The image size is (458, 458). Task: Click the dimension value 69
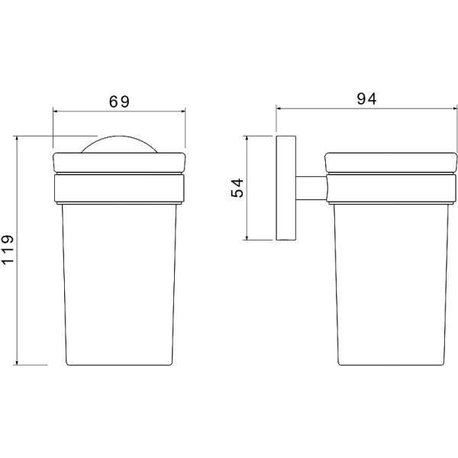(x=119, y=102)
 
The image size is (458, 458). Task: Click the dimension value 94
(x=366, y=99)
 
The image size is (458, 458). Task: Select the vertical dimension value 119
(x=8, y=250)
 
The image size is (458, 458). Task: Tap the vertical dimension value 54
(x=237, y=188)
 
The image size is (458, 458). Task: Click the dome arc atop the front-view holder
(x=119, y=136)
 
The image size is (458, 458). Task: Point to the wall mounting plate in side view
(x=286, y=188)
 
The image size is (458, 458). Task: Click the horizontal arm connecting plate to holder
(x=311, y=188)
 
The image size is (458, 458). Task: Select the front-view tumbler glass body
(x=120, y=284)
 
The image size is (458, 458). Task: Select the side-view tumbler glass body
(x=392, y=284)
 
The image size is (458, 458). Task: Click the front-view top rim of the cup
(x=119, y=163)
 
